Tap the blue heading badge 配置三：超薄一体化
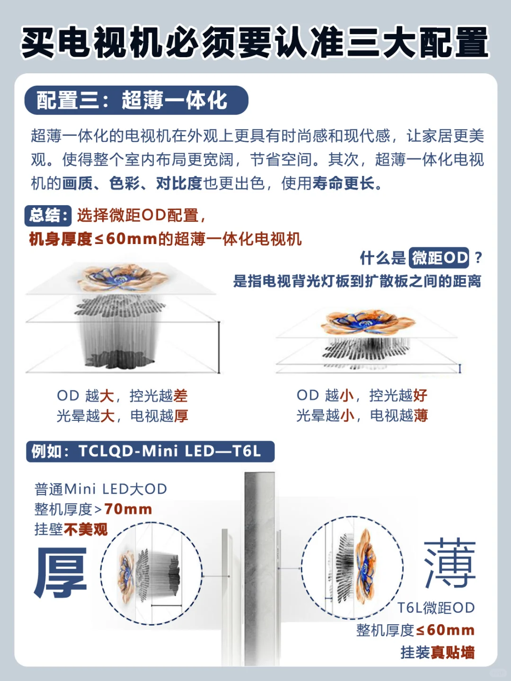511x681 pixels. click(x=136, y=100)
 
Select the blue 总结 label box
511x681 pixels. click(x=48, y=215)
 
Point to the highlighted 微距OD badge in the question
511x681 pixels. click(x=439, y=258)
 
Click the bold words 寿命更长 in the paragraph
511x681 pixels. click(x=344, y=183)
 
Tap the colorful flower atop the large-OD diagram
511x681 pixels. click(x=122, y=277)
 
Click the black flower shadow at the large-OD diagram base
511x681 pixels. click(x=120, y=359)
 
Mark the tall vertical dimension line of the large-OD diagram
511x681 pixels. click(x=219, y=347)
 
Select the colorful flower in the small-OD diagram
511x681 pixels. click(x=368, y=323)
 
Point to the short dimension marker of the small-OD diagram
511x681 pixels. click(x=460, y=368)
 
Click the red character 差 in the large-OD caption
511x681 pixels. click(x=181, y=396)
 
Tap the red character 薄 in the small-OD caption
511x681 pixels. click(x=421, y=416)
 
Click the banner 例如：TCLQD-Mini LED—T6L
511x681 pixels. click(x=150, y=452)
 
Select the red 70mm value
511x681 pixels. click(x=128, y=509)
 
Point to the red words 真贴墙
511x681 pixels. click(x=453, y=653)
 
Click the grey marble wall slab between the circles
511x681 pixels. click(x=260, y=568)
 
